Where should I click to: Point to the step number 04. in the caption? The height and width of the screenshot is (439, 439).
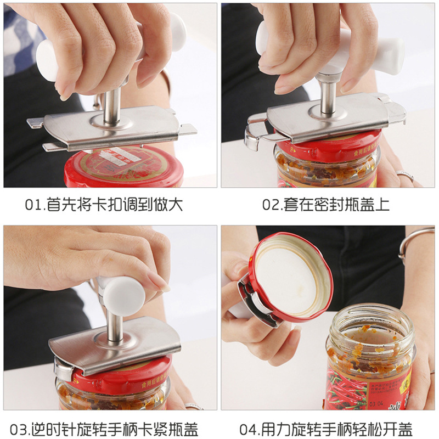[253, 429]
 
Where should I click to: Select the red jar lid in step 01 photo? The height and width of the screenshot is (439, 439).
[115, 167]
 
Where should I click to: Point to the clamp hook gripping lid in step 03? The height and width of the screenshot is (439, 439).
[63, 371]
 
